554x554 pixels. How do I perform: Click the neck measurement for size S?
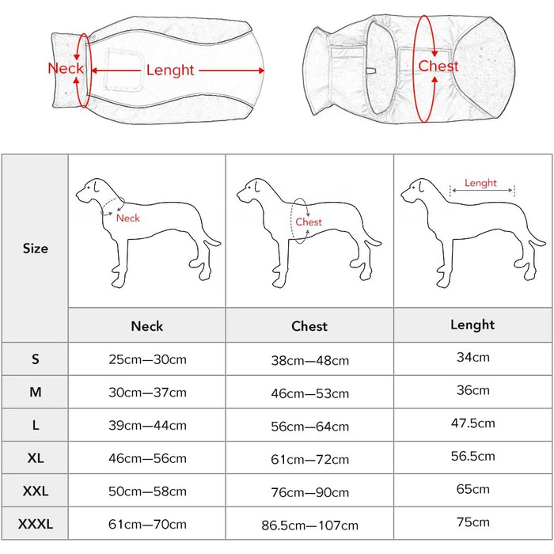(x=147, y=359)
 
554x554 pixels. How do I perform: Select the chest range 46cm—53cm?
(x=309, y=393)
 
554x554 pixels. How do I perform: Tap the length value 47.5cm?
(x=472, y=423)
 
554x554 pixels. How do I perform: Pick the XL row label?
(x=35, y=457)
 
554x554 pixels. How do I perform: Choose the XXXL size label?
(x=35, y=523)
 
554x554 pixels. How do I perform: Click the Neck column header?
(x=147, y=325)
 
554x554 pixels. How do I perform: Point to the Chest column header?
(x=309, y=325)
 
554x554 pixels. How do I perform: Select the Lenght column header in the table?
(x=472, y=324)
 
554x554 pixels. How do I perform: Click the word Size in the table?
(x=35, y=249)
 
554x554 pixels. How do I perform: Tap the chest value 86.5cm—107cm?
(x=309, y=525)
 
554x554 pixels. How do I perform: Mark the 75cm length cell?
(x=472, y=522)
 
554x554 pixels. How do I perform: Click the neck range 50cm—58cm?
(x=147, y=491)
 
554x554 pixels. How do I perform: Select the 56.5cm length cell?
(x=472, y=456)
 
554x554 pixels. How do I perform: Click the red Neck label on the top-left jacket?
(x=66, y=68)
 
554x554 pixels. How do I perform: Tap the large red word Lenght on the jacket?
(x=170, y=70)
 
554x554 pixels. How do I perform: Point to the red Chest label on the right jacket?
(x=438, y=66)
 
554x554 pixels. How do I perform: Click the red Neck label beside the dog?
(x=127, y=218)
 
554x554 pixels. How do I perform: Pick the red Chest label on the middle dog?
(x=309, y=222)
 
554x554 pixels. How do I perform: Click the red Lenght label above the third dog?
(x=480, y=183)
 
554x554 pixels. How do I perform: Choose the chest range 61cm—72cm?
(x=309, y=459)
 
